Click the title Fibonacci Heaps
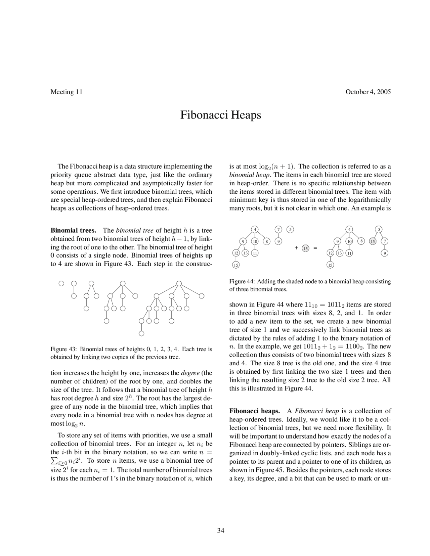(220, 115)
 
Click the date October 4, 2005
(368, 92)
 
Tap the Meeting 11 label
(66, 92)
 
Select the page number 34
(220, 530)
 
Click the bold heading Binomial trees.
(73, 230)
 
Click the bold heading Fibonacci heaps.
(254, 411)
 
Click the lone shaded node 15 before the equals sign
(305, 248)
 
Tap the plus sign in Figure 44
(296, 248)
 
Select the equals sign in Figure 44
(315, 248)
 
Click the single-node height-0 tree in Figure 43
(61, 283)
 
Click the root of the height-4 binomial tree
(179, 283)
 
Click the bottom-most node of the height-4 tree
(141, 333)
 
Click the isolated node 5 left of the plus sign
(290, 229)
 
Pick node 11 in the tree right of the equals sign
(349, 253)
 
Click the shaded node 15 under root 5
(373, 241)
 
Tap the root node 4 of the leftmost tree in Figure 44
(255, 229)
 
